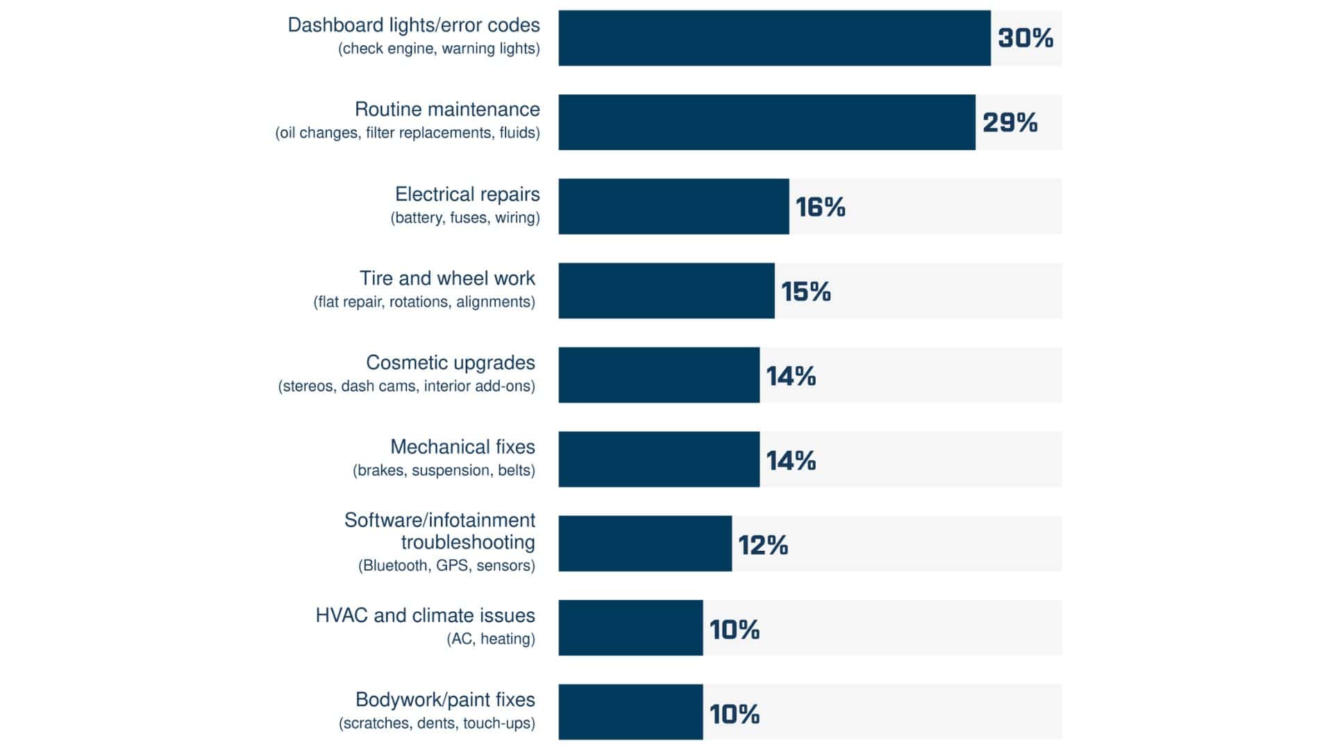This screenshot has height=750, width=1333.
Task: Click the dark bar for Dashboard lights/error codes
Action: point(774,38)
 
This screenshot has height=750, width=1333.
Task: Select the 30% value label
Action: point(1025,38)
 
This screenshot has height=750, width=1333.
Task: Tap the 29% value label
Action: point(1009,123)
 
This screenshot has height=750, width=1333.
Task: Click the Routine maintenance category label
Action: point(447,110)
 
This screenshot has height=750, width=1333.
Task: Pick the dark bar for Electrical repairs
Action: point(673,207)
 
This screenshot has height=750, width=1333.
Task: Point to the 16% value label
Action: point(820,207)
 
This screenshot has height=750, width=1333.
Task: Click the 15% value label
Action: point(805,292)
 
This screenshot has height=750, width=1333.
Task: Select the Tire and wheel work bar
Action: point(666,291)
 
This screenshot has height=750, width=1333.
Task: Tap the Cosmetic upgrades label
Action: point(450,363)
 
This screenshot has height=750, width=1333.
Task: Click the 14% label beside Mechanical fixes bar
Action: point(791,460)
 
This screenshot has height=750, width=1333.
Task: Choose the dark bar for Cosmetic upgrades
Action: point(659,376)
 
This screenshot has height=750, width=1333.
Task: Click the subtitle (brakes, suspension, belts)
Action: point(444,471)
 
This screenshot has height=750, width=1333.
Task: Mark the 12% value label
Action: point(762,545)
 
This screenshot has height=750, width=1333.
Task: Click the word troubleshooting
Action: point(468,542)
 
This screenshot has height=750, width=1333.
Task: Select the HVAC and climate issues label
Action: point(425,616)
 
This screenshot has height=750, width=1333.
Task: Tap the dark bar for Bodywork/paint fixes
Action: point(630,712)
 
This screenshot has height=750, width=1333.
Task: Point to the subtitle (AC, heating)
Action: point(490,639)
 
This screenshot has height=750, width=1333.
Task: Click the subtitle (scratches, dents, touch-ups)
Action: point(437,724)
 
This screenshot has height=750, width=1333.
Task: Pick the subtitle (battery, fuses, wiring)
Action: point(465,218)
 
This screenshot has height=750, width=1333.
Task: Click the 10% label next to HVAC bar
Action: point(734,630)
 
